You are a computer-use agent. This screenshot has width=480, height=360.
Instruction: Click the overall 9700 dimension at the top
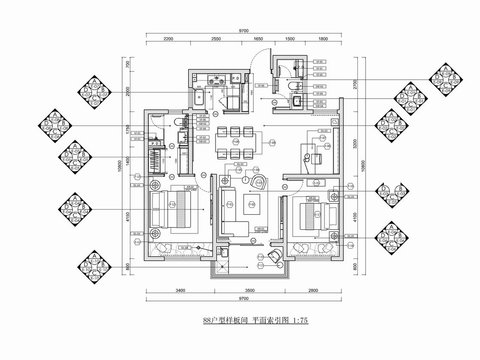click(x=243, y=31)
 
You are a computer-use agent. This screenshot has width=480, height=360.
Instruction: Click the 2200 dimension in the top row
click(x=169, y=40)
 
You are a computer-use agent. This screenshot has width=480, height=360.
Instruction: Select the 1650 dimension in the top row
click(x=257, y=40)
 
